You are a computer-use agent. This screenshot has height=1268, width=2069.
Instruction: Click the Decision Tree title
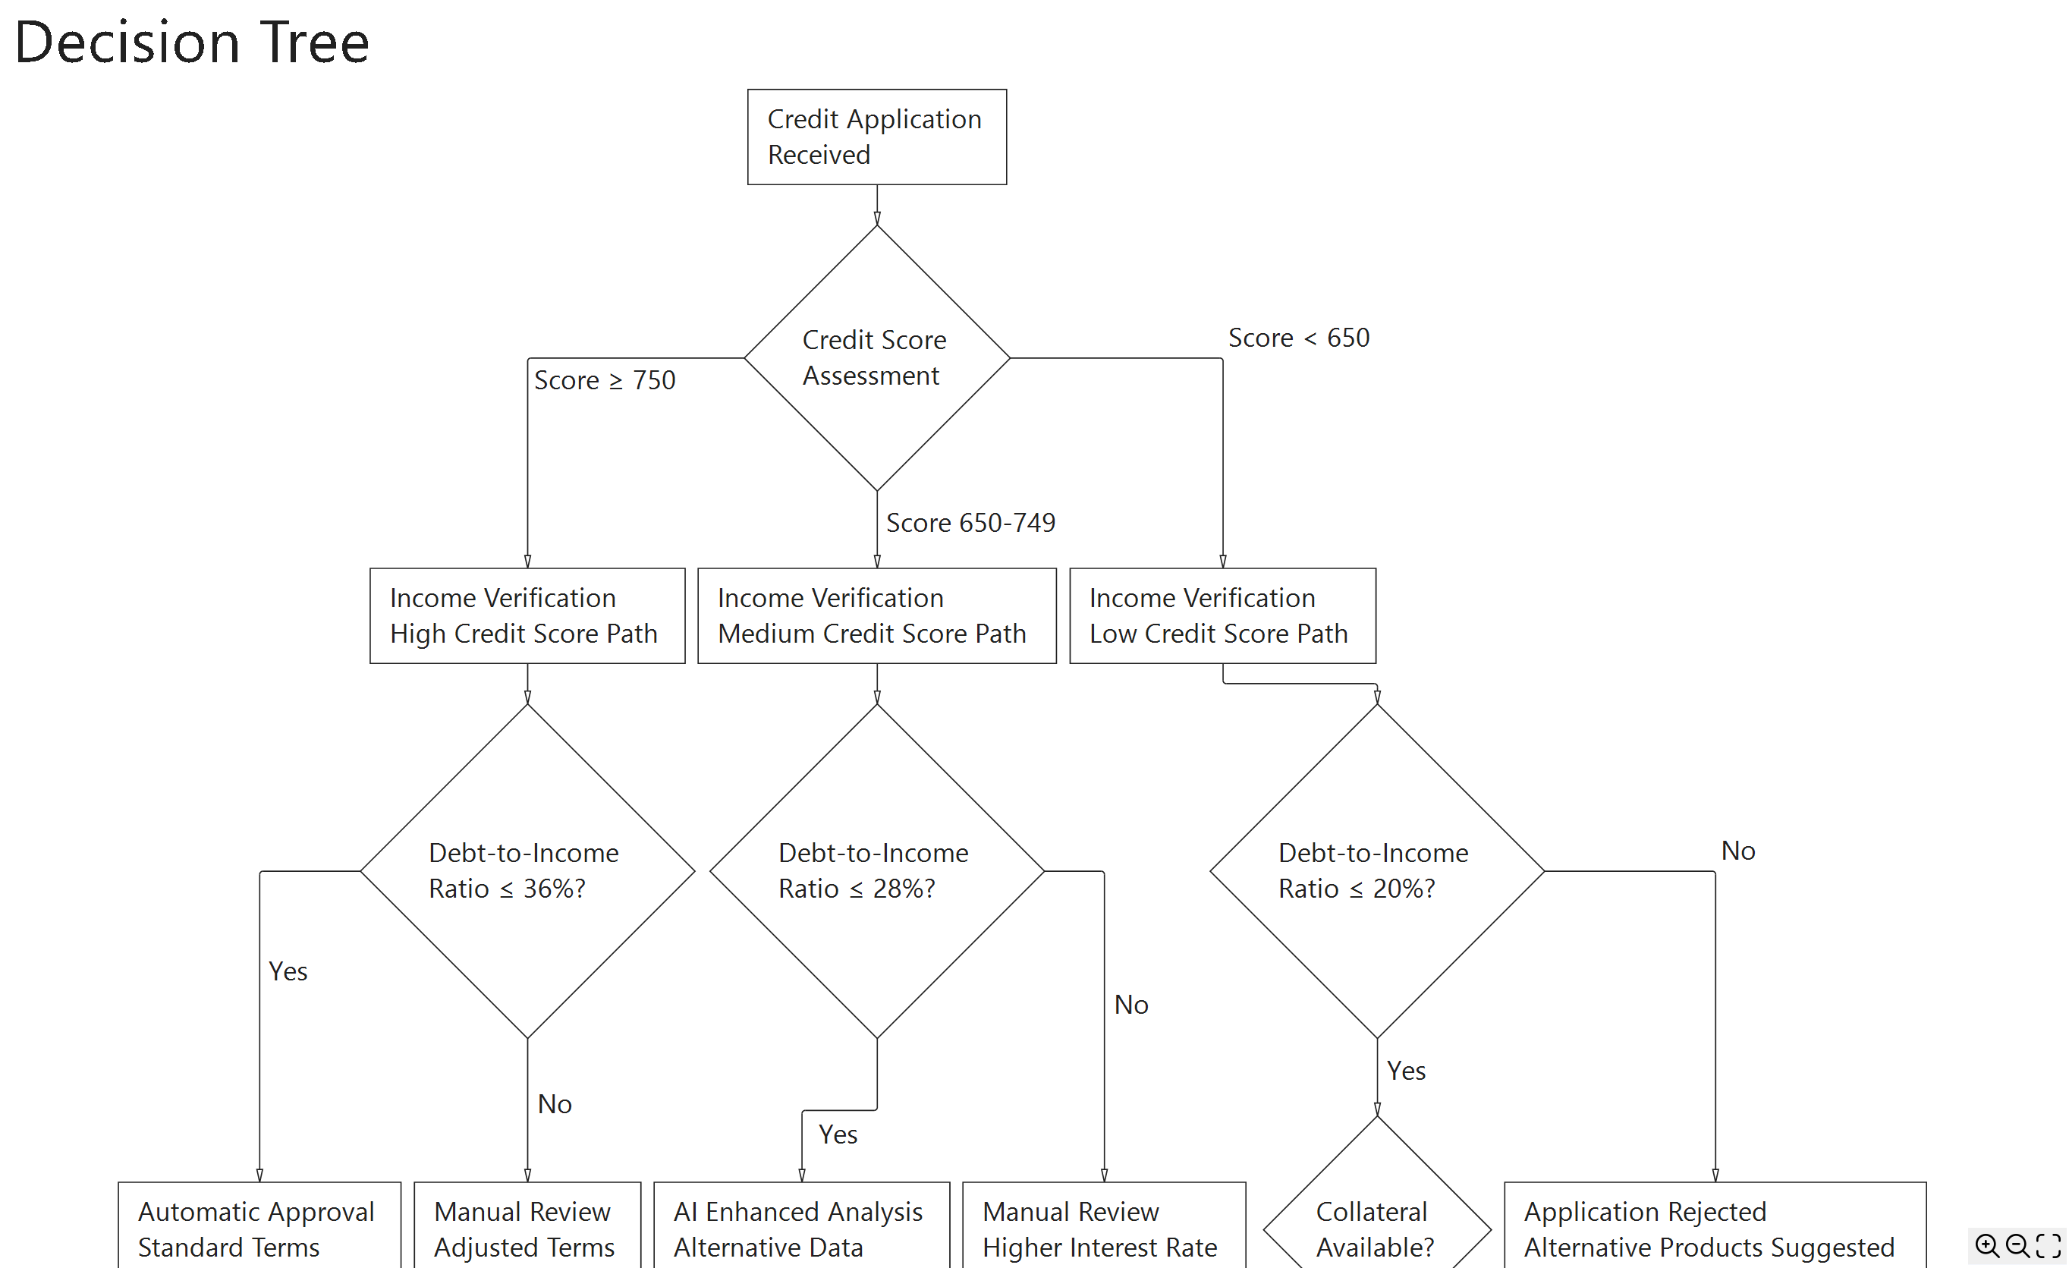191,42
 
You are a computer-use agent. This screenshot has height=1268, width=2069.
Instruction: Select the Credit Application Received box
876,137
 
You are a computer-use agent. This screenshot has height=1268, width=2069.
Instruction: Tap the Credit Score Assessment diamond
876,357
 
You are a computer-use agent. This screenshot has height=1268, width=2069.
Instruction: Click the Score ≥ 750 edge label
605,380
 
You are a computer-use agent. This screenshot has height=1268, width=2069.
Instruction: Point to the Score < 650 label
1298,338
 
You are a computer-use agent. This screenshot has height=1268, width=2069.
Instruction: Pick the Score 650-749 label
970,523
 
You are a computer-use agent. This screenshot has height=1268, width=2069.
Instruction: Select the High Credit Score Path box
527,615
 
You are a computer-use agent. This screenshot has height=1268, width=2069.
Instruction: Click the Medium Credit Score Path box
876,615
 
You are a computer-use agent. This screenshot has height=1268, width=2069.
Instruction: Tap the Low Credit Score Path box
1222,615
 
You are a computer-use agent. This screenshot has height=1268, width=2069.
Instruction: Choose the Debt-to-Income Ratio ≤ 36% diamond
527,871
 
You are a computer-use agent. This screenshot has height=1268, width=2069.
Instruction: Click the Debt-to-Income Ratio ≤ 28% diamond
876,871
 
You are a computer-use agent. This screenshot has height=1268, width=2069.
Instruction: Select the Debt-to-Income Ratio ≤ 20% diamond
1376,871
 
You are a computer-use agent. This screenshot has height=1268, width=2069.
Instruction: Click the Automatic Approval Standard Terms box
259,1228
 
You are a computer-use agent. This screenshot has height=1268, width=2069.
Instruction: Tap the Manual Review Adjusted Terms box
527,1228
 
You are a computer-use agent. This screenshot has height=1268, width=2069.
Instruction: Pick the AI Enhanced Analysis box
801,1228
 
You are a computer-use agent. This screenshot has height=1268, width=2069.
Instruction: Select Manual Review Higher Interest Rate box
1103,1228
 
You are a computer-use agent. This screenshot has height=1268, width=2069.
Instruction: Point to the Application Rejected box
1714,1228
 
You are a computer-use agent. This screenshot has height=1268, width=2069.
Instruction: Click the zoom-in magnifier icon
1987,1245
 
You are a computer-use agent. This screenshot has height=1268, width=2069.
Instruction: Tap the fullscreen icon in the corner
2049,1245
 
